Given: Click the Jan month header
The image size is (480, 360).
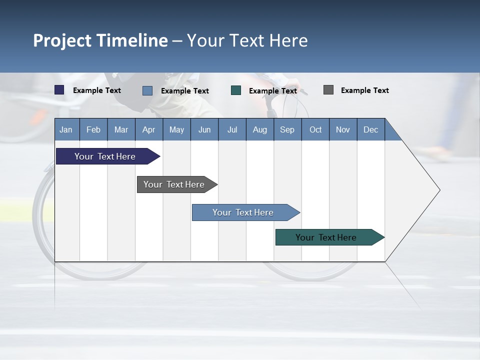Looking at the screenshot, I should [66, 129].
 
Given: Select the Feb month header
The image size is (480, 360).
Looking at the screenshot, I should [93, 129].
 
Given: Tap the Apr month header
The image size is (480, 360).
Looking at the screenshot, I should [148, 129].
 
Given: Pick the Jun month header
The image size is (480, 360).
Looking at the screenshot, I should [204, 129].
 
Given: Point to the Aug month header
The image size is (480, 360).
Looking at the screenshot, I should [260, 129].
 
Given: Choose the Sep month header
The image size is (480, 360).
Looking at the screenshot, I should [287, 129].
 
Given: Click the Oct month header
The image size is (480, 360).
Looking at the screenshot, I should [315, 129].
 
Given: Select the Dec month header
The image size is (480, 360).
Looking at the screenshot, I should [370, 129].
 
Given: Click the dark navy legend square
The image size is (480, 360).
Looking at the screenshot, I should [59, 90].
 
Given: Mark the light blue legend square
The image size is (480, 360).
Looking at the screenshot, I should [147, 90].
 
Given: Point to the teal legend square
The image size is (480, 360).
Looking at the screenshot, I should [236, 90].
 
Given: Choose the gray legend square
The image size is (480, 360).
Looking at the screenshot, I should [328, 90].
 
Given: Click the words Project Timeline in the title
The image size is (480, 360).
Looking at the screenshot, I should [100, 40].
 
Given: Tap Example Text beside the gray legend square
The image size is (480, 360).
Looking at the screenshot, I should [364, 90].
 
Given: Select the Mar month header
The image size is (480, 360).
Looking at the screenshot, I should [121, 129].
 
